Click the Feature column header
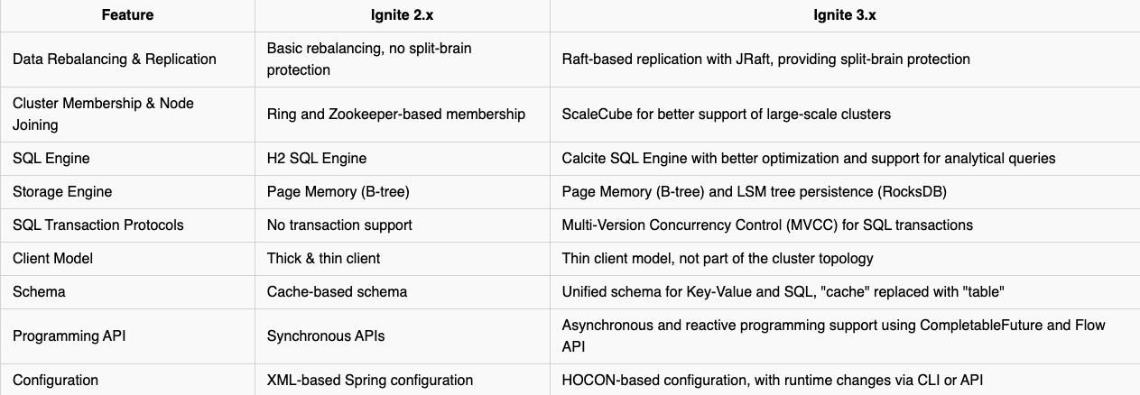coord(127,15)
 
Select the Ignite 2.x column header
coord(402,15)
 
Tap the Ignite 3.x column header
coord(844,15)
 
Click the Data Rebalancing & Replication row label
coord(115,59)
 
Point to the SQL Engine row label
coord(51,158)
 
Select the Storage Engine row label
coord(62,192)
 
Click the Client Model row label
coord(52,258)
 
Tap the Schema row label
coord(39,292)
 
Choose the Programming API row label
coord(69,336)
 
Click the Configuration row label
coord(55,381)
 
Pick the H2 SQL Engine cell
coord(317,158)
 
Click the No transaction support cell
coord(339,225)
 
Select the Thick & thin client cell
coord(323,258)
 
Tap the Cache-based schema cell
coord(337,292)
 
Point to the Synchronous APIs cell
coord(326,336)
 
